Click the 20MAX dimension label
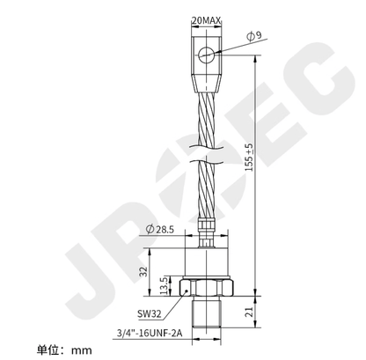click(x=206, y=20)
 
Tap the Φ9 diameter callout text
click(x=253, y=36)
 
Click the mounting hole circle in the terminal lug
click(x=207, y=55)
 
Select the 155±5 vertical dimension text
click(x=249, y=158)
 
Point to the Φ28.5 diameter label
click(x=160, y=229)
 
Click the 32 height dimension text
click(x=143, y=271)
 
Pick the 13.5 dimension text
click(x=164, y=285)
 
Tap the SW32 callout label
click(x=150, y=314)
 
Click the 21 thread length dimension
click(x=249, y=312)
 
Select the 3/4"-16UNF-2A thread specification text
click(x=150, y=334)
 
